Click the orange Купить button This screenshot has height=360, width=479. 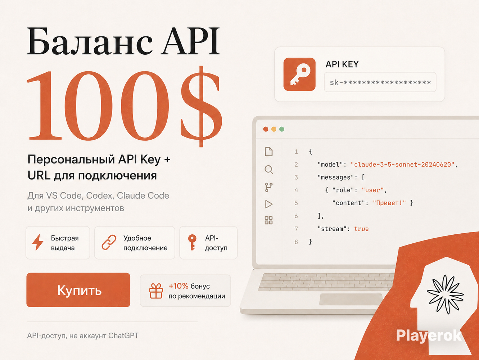click(78, 290)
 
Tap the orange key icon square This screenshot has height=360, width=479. click(299, 74)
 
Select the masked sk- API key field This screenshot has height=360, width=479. click(380, 82)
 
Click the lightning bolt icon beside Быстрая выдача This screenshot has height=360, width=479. click(38, 242)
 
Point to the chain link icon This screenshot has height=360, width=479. click(109, 242)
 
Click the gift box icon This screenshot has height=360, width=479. click(156, 291)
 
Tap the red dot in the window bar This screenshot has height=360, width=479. click(266, 129)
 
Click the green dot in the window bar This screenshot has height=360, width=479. click(282, 129)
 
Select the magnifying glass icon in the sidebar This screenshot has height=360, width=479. click(268, 170)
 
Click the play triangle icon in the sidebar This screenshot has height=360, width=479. click(268, 204)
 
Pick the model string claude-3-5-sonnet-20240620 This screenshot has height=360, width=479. click(403, 165)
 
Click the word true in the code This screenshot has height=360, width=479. click(361, 229)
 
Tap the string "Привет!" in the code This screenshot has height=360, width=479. click(389, 203)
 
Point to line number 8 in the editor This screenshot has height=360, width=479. click(296, 242)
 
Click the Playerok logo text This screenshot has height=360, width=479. click(429, 336)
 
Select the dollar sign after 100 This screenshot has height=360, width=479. click(201, 107)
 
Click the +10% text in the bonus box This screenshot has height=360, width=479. click(179, 286)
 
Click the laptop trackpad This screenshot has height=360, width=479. click(351, 299)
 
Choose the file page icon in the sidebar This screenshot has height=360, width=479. click(268, 152)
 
